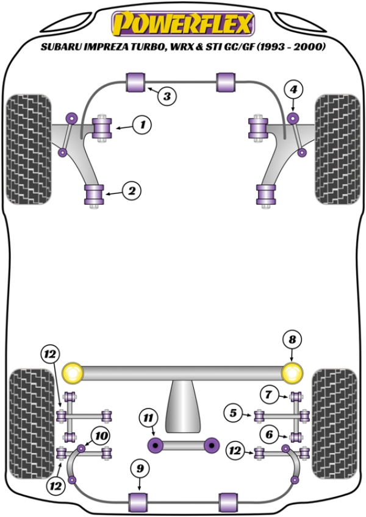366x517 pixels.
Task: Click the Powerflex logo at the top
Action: pyautogui.click(x=182, y=24)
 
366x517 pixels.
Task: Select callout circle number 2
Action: pyautogui.click(x=131, y=191)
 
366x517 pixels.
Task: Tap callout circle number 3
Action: pyautogui.click(x=167, y=95)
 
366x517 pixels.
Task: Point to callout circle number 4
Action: pyautogui.click(x=294, y=90)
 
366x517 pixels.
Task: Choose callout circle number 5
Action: pyautogui.click(x=232, y=413)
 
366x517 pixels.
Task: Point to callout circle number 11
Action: pyautogui.click(x=148, y=418)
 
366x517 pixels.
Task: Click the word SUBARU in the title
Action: pyautogui.click(x=57, y=46)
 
